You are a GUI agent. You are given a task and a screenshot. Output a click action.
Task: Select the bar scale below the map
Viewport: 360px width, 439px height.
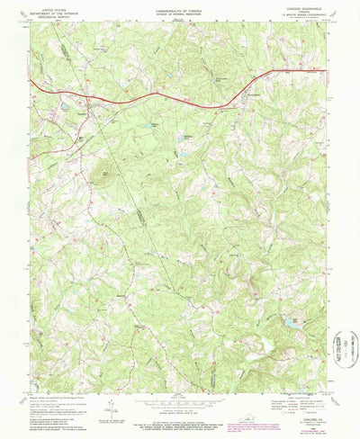click(180, 405)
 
